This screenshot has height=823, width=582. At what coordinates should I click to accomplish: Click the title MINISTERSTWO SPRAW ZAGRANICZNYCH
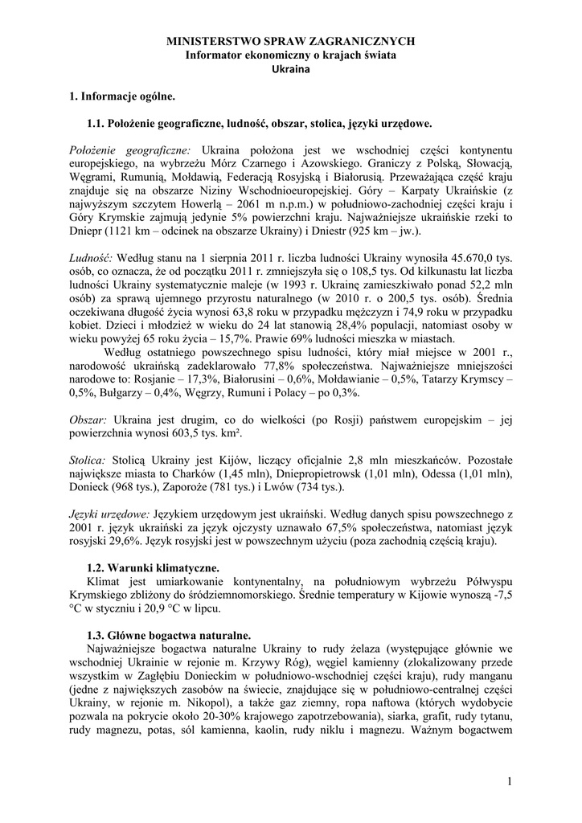click(x=290, y=40)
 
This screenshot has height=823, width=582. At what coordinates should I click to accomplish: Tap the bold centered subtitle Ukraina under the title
click(x=290, y=69)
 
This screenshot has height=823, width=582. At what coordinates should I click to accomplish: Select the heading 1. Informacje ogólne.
click(x=122, y=96)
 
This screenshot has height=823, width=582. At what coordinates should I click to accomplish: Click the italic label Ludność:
click(x=92, y=256)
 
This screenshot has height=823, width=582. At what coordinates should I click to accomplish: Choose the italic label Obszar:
click(x=88, y=420)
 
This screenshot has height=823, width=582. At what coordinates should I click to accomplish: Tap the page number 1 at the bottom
click(x=510, y=782)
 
